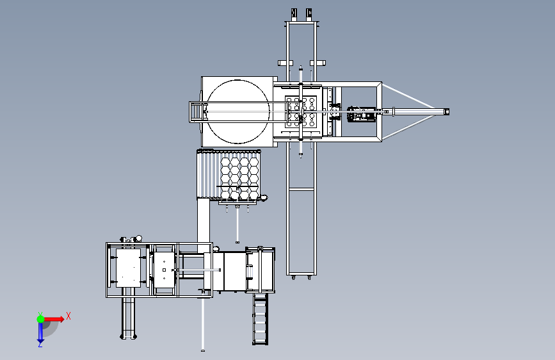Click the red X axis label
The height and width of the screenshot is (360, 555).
(68, 316)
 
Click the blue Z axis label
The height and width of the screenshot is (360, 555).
(40, 344)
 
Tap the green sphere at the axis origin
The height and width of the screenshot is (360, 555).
(41, 319)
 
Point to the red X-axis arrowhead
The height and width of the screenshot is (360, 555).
(61, 319)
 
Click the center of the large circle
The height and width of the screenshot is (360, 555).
(237, 111)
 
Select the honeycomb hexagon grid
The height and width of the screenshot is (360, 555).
(239, 178)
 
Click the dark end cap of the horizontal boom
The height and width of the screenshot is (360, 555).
(447, 112)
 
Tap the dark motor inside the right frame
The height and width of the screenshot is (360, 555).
(360, 114)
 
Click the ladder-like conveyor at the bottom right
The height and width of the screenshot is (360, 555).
(260, 318)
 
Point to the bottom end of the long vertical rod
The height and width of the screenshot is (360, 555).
(203, 350)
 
